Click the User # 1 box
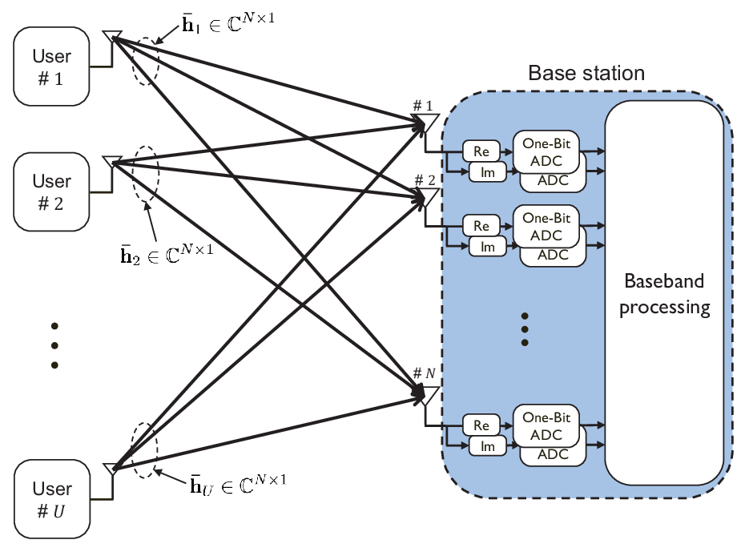click(x=51, y=66)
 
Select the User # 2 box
click(x=51, y=192)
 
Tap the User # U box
click(x=52, y=499)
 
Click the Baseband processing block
click(x=664, y=292)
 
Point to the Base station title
click(x=586, y=73)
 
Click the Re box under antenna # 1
click(x=481, y=151)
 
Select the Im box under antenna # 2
click(x=487, y=247)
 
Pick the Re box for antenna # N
click(x=481, y=425)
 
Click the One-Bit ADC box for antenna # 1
click(x=546, y=152)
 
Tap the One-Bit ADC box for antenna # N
click(x=546, y=426)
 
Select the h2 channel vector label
click(x=167, y=254)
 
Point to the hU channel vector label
click(x=238, y=485)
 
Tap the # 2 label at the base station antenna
click(x=425, y=180)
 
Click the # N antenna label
click(x=425, y=373)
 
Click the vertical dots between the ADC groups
click(x=525, y=329)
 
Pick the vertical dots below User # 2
click(x=54, y=345)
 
